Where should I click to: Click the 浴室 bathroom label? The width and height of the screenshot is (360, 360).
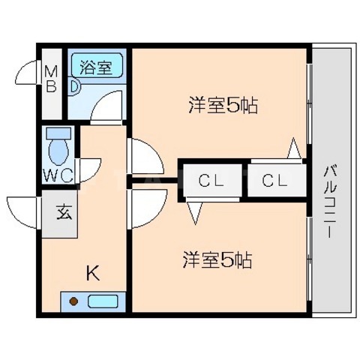tap(96, 66)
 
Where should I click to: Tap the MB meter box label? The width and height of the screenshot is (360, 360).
tap(51, 78)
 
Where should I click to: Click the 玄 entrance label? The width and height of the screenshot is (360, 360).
tap(62, 212)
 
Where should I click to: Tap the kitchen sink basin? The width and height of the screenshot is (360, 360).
tap(103, 302)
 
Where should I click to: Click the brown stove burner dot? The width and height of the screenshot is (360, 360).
tap(74, 302)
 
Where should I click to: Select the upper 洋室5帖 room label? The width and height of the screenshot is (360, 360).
tap(223, 106)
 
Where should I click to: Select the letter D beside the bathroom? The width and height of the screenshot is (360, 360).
tap(75, 86)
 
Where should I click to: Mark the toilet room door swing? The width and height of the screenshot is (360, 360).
tap(88, 169)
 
